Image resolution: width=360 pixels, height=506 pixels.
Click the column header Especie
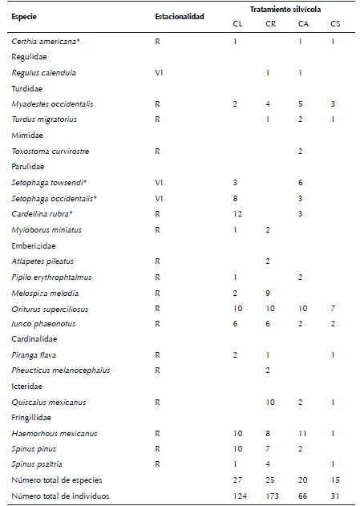(26, 16)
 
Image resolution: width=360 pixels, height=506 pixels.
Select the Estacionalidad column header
(179, 16)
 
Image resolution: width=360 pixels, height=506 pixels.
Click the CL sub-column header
(235, 24)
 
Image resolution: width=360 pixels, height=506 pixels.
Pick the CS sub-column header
(334, 24)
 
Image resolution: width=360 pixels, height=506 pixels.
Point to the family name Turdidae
(26, 88)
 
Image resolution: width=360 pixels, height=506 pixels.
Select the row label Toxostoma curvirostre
(50, 151)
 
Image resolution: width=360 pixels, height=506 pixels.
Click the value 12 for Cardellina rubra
(236, 214)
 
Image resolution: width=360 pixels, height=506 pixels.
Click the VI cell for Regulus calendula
(159, 72)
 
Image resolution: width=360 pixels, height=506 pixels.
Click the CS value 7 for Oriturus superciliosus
(334, 309)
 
